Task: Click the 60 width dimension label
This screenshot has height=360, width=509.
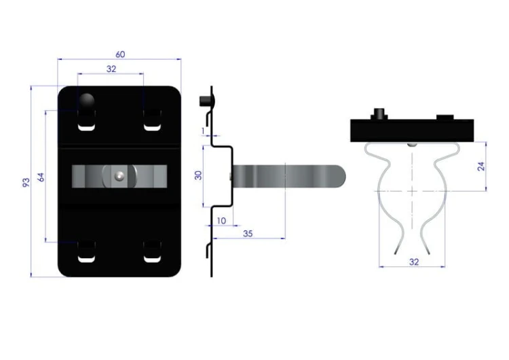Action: pos(120,54)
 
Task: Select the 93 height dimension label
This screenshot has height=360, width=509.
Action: pos(26,182)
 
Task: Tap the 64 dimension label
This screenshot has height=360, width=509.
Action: pos(41,177)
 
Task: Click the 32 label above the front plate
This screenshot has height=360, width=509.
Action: pos(111,69)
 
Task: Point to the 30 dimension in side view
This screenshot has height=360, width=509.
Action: pos(198,175)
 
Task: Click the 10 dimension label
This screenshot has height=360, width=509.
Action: pos(221,221)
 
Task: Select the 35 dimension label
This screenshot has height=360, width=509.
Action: pos(248,234)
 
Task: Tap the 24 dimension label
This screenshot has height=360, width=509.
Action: pos(481,166)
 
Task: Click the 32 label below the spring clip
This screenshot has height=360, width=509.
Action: pos(414,262)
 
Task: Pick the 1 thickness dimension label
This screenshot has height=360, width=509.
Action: pos(203,130)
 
